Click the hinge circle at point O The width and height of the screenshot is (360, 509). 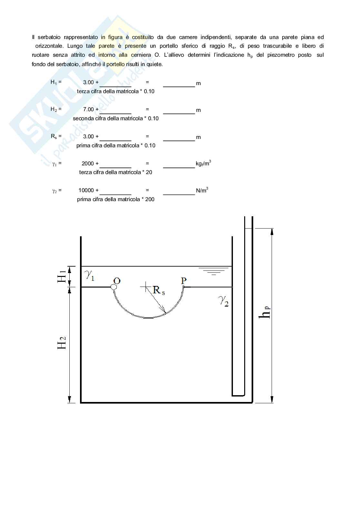click(114, 287)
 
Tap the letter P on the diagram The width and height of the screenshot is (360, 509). click(184, 281)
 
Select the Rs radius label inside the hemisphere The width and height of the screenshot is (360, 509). click(159, 290)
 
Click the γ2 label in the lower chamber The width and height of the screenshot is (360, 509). click(223, 301)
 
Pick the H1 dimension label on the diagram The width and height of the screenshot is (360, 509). click(61, 277)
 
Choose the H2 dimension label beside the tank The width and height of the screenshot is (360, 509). click(61, 343)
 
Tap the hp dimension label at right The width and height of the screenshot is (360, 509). click(265, 313)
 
